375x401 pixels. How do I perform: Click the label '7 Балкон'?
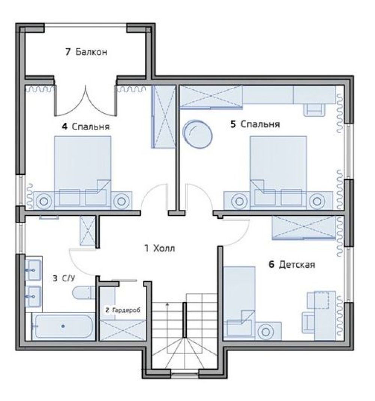(x=86, y=52)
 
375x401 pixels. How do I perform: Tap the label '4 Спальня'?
(x=86, y=126)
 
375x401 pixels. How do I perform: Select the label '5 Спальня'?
(x=255, y=124)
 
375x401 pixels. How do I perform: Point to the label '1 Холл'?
(x=160, y=248)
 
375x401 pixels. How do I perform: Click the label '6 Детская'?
(x=292, y=264)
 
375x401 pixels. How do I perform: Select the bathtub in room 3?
(x=63, y=326)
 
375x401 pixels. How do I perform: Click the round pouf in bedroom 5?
(x=198, y=134)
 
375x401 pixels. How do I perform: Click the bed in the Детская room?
(x=239, y=303)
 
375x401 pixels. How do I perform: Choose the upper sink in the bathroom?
(x=33, y=270)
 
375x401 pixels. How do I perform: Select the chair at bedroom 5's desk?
(x=314, y=110)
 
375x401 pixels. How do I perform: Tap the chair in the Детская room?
(x=308, y=322)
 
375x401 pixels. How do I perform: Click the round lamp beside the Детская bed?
(x=266, y=332)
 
